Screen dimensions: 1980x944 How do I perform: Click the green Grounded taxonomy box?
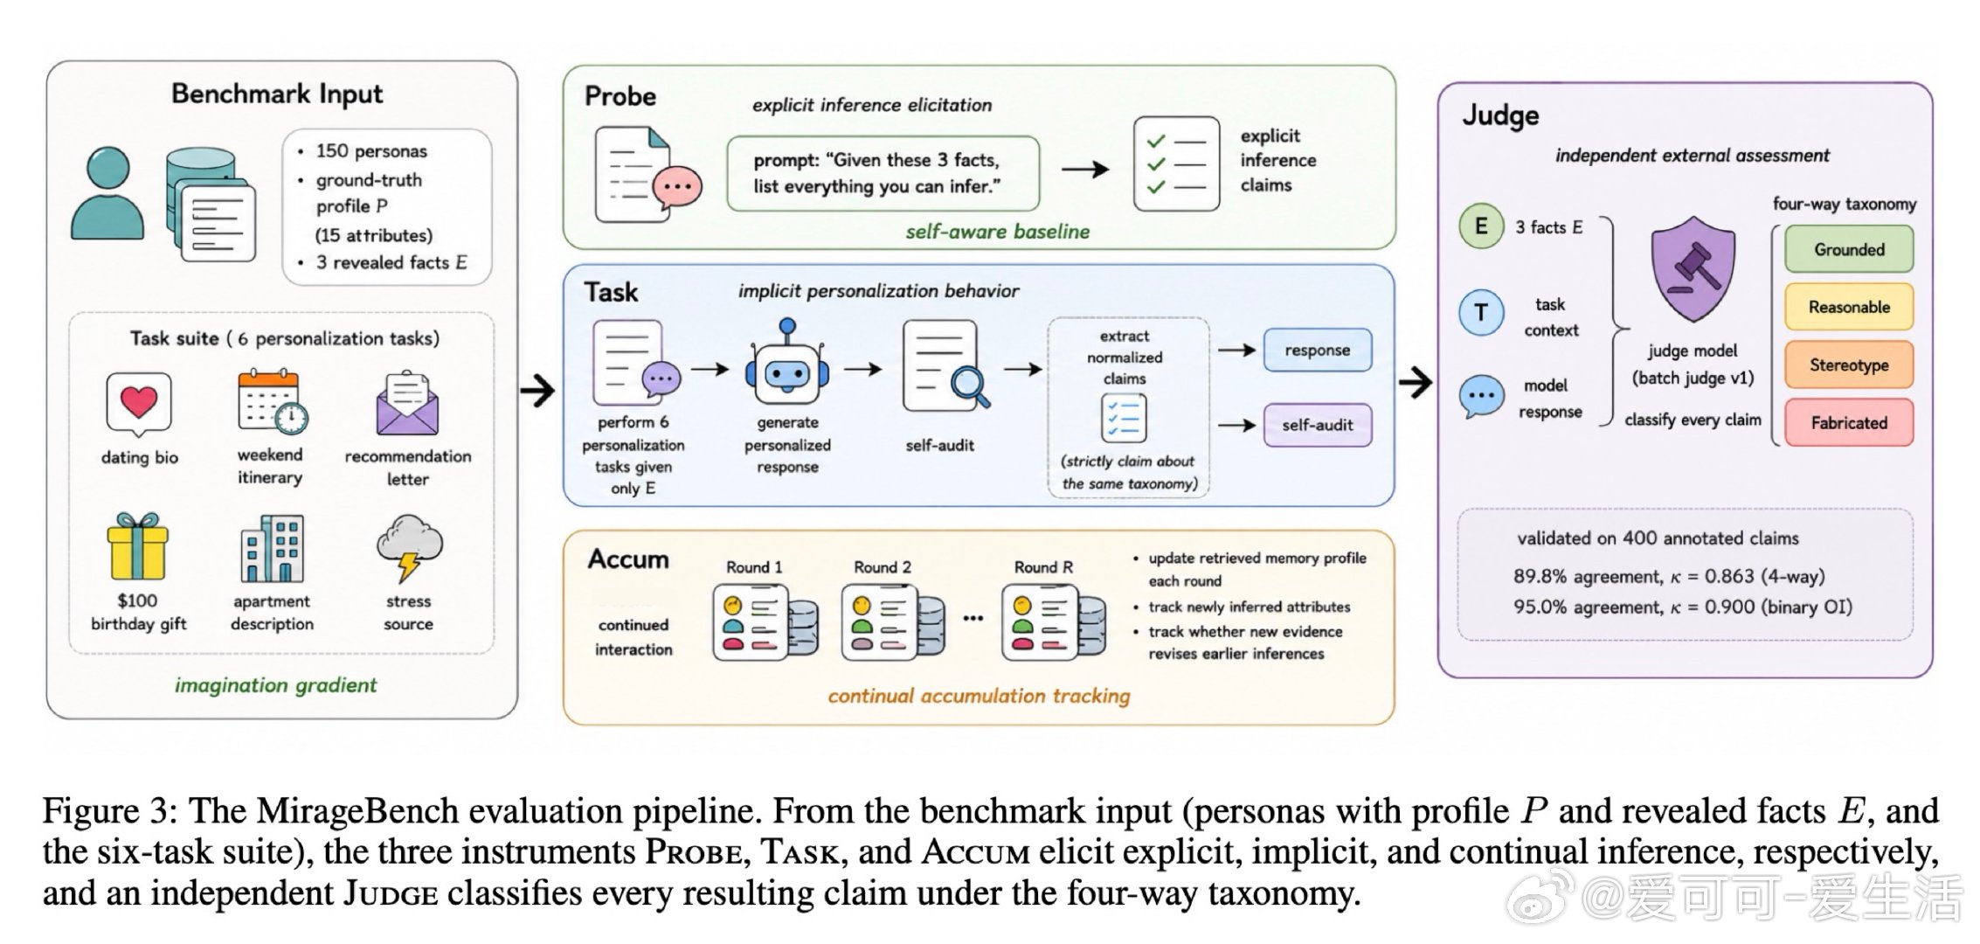(x=1848, y=249)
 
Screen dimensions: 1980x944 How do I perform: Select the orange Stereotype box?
(x=1848, y=364)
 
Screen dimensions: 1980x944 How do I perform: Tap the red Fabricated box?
(x=1848, y=422)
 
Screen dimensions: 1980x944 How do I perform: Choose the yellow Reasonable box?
(x=1848, y=307)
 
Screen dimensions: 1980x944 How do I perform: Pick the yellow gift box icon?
(x=137, y=547)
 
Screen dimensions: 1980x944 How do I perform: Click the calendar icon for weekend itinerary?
(x=272, y=401)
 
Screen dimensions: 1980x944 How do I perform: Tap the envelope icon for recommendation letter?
(x=407, y=404)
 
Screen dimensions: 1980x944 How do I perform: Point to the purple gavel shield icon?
(x=1693, y=269)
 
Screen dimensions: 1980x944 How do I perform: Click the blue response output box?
(x=1317, y=350)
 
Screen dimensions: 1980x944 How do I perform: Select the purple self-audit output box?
(x=1317, y=425)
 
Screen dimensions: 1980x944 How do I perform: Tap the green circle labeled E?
(x=1481, y=226)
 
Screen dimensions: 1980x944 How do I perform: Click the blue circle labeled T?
(x=1481, y=312)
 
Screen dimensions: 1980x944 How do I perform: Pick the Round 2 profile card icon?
(x=892, y=622)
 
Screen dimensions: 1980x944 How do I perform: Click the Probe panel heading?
(x=620, y=96)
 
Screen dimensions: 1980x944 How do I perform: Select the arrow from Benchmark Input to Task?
(x=537, y=390)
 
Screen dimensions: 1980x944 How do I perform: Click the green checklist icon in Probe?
(x=1176, y=163)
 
